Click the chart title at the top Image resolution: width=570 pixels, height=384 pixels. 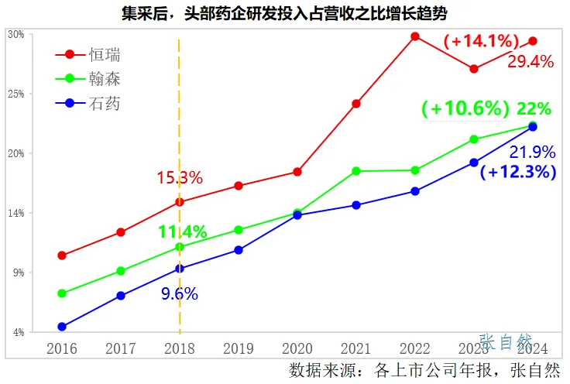tap(284, 13)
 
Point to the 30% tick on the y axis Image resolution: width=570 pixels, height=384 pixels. tap(15, 35)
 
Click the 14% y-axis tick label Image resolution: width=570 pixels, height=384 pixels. tap(15, 213)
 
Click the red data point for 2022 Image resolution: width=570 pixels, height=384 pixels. tap(415, 36)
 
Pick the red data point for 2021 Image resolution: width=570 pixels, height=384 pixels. tap(356, 104)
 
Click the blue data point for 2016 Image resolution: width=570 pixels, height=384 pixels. tap(62, 327)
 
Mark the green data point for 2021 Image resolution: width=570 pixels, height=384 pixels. tap(356, 170)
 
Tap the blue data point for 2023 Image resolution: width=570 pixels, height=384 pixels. tap(474, 163)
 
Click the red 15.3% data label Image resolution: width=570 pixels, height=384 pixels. tap(180, 178)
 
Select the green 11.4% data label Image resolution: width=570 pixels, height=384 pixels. tap(182, 231)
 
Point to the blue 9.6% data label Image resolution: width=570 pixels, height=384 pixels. tap(180, 293)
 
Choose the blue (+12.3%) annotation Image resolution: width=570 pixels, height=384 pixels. tap(518, 172)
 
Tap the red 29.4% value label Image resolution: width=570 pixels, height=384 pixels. tap(531, 62)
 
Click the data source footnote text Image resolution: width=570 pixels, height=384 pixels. tap(424, 369)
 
